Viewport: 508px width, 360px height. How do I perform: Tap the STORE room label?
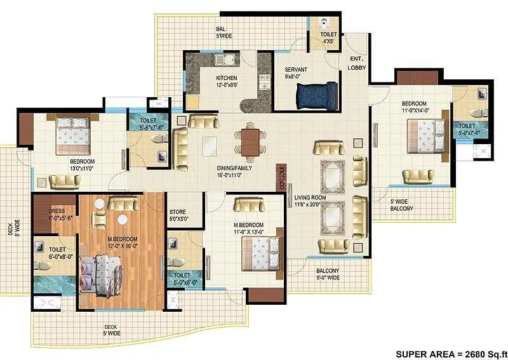tap(177, 215)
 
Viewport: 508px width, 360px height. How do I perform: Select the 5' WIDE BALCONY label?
tap(401, 204)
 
